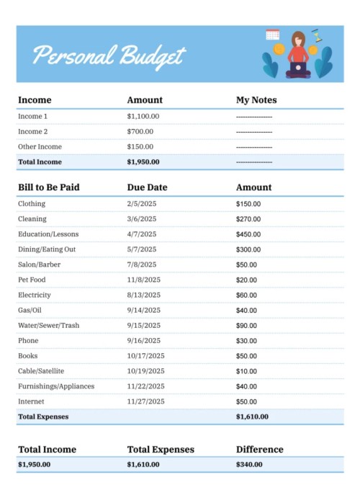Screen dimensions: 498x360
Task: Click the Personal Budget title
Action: (x=109, y=55)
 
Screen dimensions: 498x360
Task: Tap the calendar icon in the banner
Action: (x=272, y=34)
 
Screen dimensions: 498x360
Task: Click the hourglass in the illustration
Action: (x=316, y=35)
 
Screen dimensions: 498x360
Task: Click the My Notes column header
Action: (x=256, y=100)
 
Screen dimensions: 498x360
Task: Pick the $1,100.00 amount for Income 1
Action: (x=143, y=116)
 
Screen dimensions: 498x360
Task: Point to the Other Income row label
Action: (x=37, y=146)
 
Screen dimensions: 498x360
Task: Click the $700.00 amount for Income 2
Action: (x=140, y=131)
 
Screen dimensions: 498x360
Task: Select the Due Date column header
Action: (x=147, y=187)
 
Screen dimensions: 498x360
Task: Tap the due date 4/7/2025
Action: (x=141, y=234)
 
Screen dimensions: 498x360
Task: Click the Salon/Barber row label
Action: (x=39, y=264)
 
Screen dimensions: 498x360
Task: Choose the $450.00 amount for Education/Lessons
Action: (x=248, y=234)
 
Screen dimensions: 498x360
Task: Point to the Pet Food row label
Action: (x=33, y=280)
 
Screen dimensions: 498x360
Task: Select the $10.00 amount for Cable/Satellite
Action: (x=246, y=370)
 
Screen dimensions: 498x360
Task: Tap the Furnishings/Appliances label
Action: (x=56, y=386)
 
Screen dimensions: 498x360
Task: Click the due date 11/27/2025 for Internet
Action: (x=145, y=401)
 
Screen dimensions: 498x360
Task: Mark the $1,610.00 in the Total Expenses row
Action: (x=252, y=417)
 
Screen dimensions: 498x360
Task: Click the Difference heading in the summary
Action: (x=259, y=450)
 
